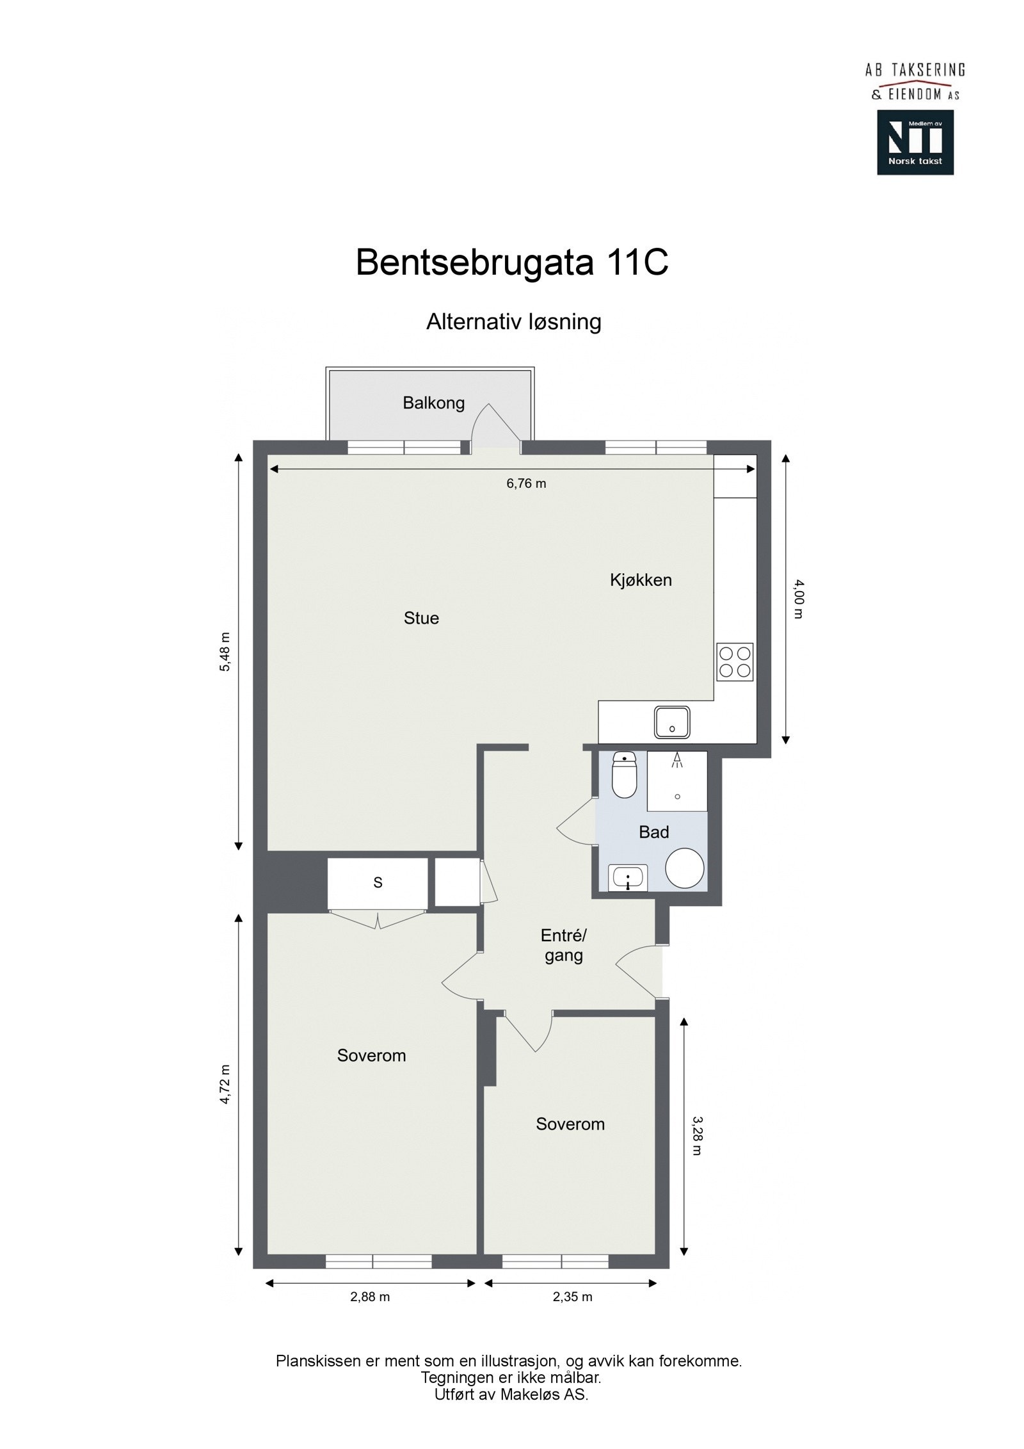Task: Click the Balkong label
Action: tap(433, 403)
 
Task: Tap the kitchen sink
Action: tap(671, 722)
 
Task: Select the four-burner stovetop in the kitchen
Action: tap(734, 662)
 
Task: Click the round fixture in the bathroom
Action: tap(685, 868)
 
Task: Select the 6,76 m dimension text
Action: tap(526, 483)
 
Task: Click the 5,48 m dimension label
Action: tap(225, 652)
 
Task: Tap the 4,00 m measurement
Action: tap(797, 599)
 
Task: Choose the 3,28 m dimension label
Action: tap(696, 1135)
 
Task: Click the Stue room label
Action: tap(421, 618)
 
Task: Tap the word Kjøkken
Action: tap(641, 580)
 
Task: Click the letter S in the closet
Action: tap(378, 882)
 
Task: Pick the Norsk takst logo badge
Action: tap(915, 142)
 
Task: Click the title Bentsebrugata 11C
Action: tap(512, 262)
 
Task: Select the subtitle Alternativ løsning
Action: tap(513, 321)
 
